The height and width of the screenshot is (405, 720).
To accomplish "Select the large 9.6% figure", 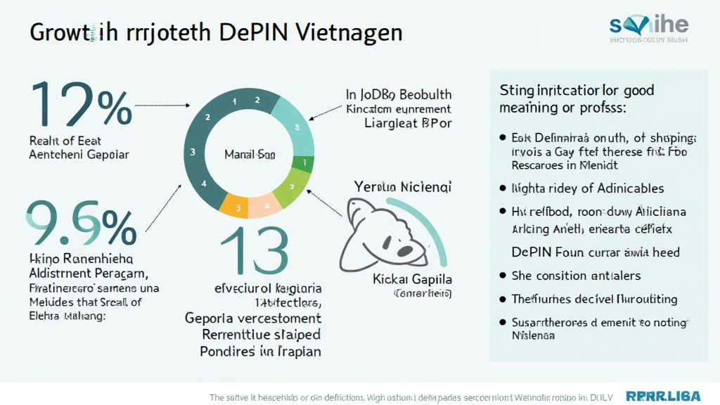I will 81,223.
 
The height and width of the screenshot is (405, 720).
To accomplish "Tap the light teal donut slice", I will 295,127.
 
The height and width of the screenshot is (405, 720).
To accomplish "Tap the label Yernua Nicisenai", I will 403,187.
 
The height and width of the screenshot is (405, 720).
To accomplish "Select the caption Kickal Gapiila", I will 413,279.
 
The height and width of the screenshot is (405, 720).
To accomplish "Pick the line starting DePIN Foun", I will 595,252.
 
